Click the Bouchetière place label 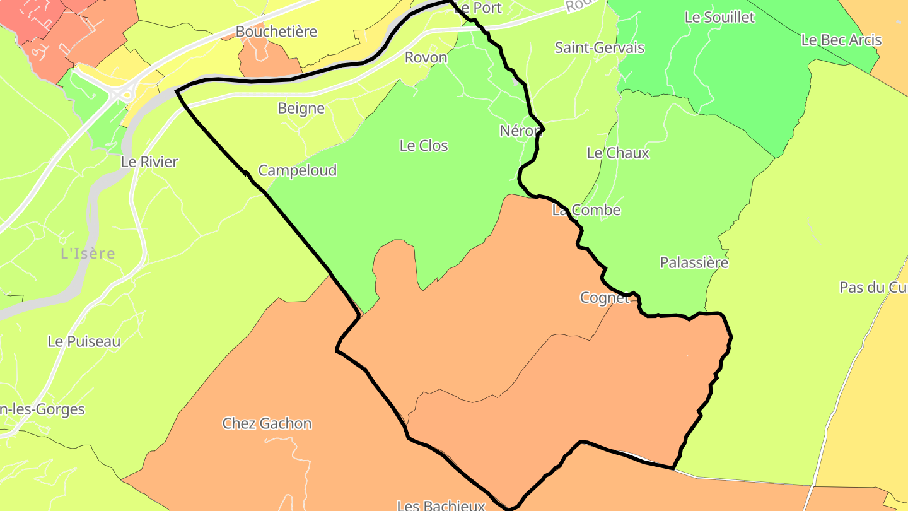pyautogui.click(x=276, y=32)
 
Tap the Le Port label pyautogui.click(x=477, y=8)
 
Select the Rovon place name pyautogui.click(x=426, y=57)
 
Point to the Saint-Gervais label pyautogui.click(x=600, y=47)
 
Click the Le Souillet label pyautogui.click(x=719, y=18)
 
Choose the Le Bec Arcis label pyautogui.click(x=841, y=40)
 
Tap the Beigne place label pyautogui.click(x=301, y=109)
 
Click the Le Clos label pyautogui.click(x=424, y=146)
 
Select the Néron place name pyautogui.click(x=520, y=131)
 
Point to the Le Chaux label pyautogui.click(x=618, y=153)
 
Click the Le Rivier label pyautogui.click(x=149, y=162)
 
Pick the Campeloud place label pyautogui.click(x=298, y=170)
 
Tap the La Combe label pyautogui.click(x=586, y=210)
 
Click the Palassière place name pyautogui.click(x=694, y=262)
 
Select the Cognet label pyautogui.click(x=605, y=298)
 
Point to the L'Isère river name pyautogui.click(x=88, y=254)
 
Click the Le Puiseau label pyautogui.click(x=84, y=341)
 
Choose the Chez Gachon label pyautogui.click(x=267, y=423)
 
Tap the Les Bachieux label pyautogui.click(x=441, y=505)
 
